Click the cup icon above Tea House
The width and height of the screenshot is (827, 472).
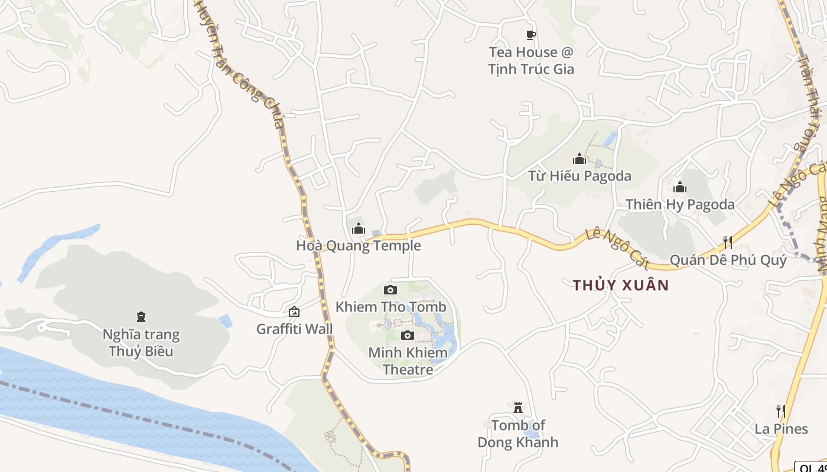coord(530,35)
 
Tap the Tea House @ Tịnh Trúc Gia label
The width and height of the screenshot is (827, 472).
coord(530,61)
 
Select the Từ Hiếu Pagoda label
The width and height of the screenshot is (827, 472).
coord(579,176)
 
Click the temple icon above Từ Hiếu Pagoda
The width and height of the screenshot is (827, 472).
coord(579,159)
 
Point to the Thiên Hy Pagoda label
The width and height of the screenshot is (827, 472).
coord(680,205)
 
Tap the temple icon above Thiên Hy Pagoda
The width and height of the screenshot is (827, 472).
coord(680,188)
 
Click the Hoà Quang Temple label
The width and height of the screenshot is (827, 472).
coord(359,245)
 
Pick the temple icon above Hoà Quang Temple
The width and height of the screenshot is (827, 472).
coord(359,228)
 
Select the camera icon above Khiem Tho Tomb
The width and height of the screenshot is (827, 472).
coord(390,290)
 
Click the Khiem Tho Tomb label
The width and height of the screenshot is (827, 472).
coord(390,307)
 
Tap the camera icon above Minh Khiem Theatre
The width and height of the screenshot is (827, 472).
coord(407,336)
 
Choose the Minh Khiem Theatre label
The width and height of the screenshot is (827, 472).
coord(408,361)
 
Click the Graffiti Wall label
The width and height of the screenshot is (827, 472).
coord(294,329)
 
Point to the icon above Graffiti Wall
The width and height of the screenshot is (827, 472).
coord(294,312)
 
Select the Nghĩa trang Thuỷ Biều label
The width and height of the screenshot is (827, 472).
coord(141,343)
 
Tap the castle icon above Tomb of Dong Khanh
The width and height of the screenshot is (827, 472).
coord(518,408)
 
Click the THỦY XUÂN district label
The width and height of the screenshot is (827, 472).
coord(621,286)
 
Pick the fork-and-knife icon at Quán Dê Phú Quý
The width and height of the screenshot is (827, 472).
coord(728,242)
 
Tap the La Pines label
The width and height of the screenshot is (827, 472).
coord(781,428)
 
